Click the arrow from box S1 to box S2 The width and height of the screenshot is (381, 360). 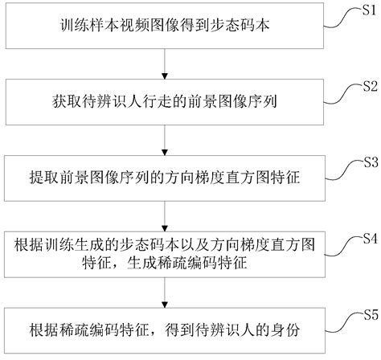point(165,63)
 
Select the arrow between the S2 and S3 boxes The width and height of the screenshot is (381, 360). point(165,140)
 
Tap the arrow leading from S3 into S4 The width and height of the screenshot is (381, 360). point(165,215)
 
